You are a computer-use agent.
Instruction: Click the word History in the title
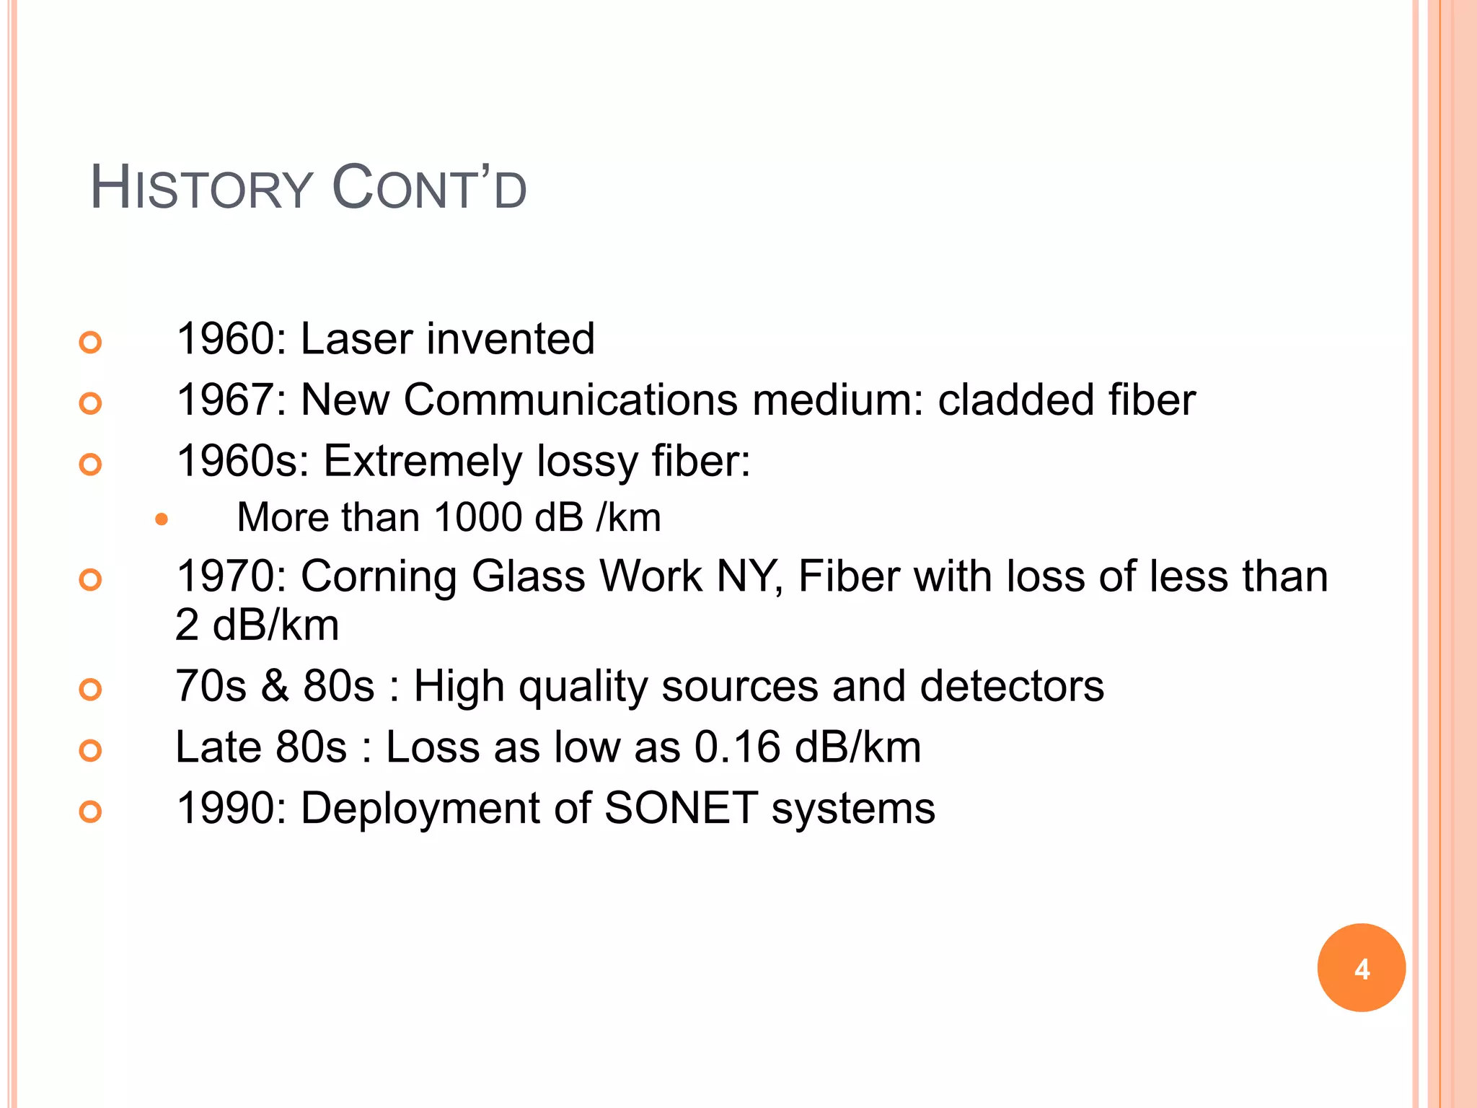(x=200, y=189)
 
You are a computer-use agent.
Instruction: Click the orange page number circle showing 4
(x=1361, y=967)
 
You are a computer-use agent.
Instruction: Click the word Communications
(x=570, y=400)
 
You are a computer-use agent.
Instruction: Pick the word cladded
(x=1015, y=400)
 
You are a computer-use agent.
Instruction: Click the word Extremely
(x=422, y=461)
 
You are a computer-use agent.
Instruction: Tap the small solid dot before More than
(x=162, y=519)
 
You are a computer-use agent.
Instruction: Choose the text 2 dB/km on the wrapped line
(x=257, y=625)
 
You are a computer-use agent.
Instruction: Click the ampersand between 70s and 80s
(x=275, y=686)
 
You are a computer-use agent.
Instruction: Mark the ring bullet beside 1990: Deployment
(x=90, y=812)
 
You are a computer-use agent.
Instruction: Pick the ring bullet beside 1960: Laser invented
(x=90, y=342)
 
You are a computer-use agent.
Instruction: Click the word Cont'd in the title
(x=429, y=189)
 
